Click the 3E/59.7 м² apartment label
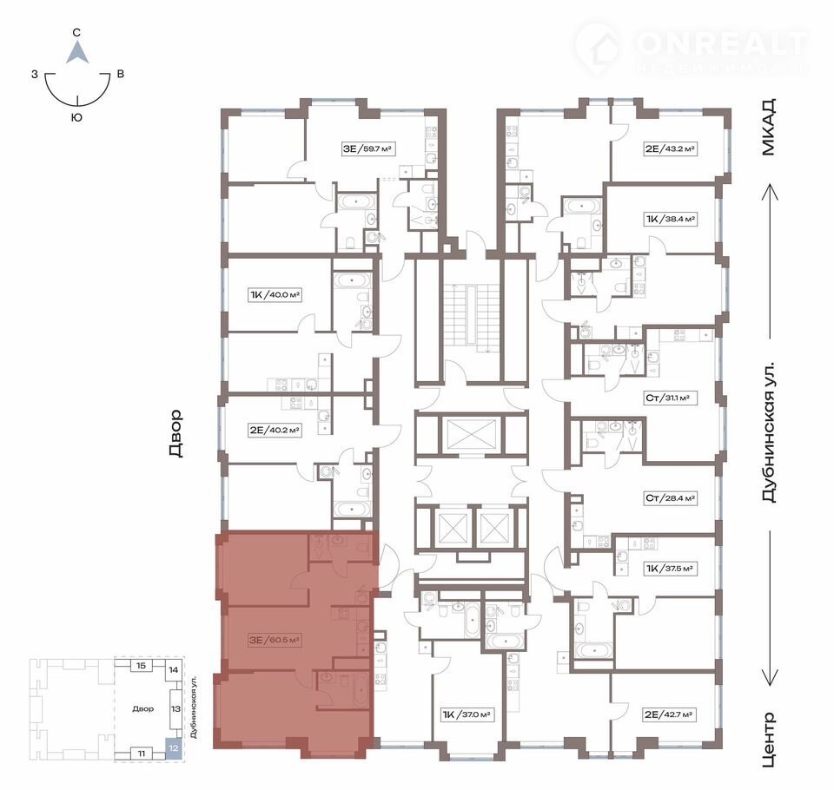(367, 148)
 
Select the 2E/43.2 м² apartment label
(670, 148)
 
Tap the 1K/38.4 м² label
(671, 219)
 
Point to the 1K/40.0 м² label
(275, 294)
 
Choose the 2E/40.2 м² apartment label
(275, 430)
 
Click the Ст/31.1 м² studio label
(670, 398)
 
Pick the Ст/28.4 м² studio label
(670, 498)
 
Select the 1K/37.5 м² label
(670, 569)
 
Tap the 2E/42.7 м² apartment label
(669, 715)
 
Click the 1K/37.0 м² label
(466, 715)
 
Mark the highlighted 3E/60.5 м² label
(275, 640)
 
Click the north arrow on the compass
(77, 53)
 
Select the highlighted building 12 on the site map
(174, 747)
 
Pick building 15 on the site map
(141, 666)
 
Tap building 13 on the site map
(175, 708)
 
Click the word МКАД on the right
(769, 127)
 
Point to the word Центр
(769, 740)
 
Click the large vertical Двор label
(175, 434)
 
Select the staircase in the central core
(473, 318)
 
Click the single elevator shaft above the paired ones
(471, 434)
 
